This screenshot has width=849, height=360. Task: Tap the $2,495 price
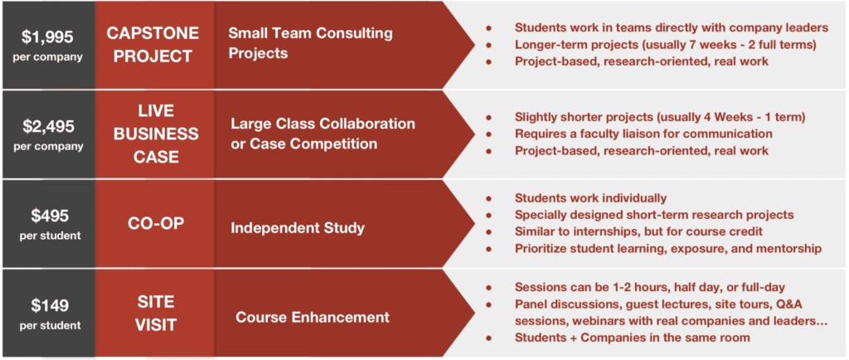tap(47, 127)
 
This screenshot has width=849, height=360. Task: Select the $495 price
tap(49, 216)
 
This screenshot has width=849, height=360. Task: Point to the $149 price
tap(49, 305)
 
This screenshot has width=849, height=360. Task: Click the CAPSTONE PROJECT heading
tap(153, 45)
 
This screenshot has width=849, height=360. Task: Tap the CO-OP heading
tap(153, 224)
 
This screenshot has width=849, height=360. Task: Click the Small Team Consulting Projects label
tap(310, 43)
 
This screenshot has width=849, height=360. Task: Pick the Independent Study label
tap(298, 228)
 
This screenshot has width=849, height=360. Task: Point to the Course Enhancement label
tap(313, 317)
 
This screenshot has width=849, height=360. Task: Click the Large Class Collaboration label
tap(323, 124)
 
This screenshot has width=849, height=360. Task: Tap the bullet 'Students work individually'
tap(590, 197)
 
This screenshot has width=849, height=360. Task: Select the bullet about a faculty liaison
tap(643, 134)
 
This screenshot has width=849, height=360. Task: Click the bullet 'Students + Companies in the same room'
tap(633, 338)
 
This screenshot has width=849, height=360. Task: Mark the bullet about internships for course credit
tap(638, 231)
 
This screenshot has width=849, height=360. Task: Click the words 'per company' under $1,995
tap(47, 57)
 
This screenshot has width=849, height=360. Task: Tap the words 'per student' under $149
tap(49, 325)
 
